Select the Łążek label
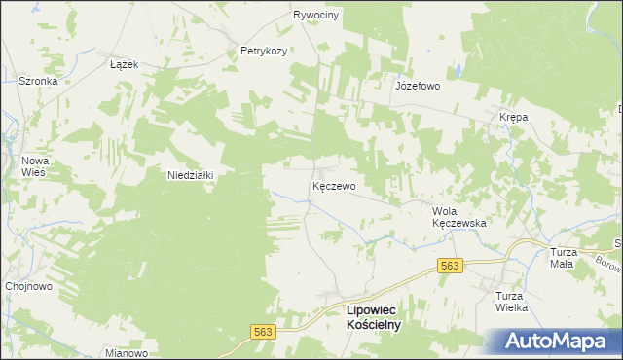coord(126,64)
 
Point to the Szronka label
coord(39,82)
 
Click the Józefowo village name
coord(418,86)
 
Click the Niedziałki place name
coord(190,175)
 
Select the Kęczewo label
coord(333,185)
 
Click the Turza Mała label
coord(563,258)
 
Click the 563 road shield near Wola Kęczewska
coord(450,266)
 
